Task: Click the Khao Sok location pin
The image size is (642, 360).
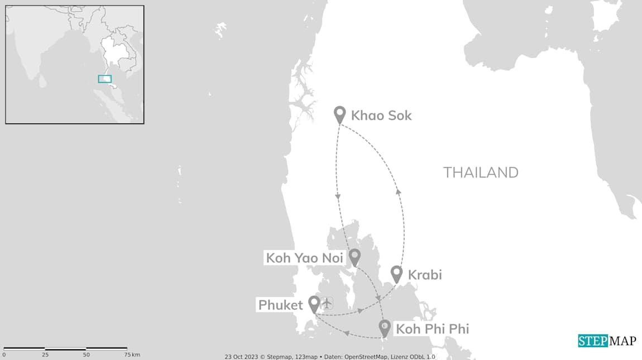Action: point(339,113)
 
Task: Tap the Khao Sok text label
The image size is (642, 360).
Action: point(381,116)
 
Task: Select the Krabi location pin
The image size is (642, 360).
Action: point(396,273)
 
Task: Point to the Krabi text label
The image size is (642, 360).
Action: point(425,275)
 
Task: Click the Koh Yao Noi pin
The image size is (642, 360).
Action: point(354,257)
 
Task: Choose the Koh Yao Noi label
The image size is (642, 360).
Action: point(304,258)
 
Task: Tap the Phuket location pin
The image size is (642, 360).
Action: point(314,303)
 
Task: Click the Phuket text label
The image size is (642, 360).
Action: point(280,305)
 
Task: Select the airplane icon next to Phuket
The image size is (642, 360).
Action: point(327,303)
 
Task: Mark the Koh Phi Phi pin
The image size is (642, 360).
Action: point(384,327)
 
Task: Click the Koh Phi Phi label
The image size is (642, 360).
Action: point(432,329)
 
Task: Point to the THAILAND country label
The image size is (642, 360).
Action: point(481,172)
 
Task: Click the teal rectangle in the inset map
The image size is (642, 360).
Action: point(104,79)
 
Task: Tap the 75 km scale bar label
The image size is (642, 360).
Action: point(132,355)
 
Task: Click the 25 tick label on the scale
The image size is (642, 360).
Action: point(45,355)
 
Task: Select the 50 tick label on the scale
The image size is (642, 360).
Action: point(86,355)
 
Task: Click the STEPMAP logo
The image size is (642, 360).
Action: point(606,340)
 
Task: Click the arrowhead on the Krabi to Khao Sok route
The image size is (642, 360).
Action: point(398,191)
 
